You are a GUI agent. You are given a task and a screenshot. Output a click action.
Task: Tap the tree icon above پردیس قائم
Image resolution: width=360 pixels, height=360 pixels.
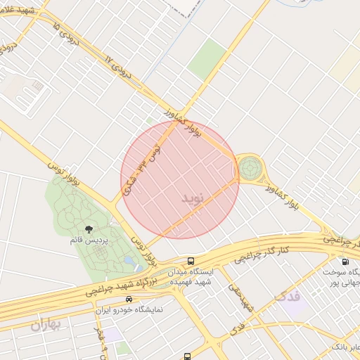(x=89, y=229)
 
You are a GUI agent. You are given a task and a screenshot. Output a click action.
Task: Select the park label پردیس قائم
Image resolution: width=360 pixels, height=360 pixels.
(x=89, y=241)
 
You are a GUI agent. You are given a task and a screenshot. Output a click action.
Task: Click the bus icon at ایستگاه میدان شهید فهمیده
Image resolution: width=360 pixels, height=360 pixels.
(x=191, y=262)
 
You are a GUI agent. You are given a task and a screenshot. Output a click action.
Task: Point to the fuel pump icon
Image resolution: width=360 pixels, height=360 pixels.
(x=345, y=262)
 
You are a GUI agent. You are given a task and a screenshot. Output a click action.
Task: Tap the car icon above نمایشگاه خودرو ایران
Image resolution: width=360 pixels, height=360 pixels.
(x=128, y=300)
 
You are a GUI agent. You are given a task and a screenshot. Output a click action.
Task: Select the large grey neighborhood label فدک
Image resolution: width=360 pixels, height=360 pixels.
(x=288, y=295)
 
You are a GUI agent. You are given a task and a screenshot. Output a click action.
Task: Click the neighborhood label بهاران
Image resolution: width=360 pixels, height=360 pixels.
(x=46, y=324)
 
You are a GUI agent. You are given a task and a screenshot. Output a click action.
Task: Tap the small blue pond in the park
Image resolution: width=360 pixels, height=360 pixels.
(x=129, y=262)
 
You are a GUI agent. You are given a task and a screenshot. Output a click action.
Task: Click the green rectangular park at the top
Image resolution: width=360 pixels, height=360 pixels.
(x=207, y=58)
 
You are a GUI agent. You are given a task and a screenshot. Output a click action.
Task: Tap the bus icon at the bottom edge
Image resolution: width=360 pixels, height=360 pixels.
(x=186, y=356)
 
